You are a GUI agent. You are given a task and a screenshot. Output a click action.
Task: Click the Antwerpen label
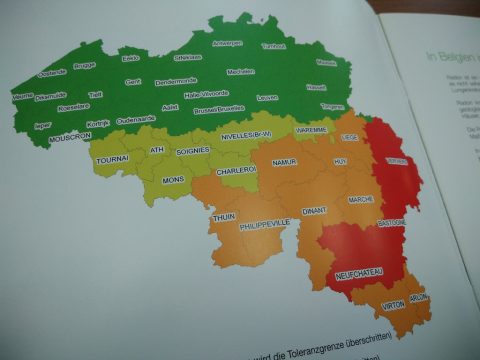pos(227,44)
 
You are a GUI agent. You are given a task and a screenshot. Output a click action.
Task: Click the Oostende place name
pos(50,73)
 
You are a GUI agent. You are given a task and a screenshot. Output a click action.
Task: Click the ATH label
pos(156,150)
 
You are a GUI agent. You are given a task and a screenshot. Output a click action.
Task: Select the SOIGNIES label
pos(192,151)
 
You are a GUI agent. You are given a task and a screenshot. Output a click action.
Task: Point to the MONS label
pos(173,181)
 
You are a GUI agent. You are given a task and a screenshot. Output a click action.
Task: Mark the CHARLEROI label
pos(238,170)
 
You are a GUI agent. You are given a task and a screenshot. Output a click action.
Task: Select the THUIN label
pos(223,216)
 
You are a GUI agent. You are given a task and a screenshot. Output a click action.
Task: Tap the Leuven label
pos(267,98)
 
